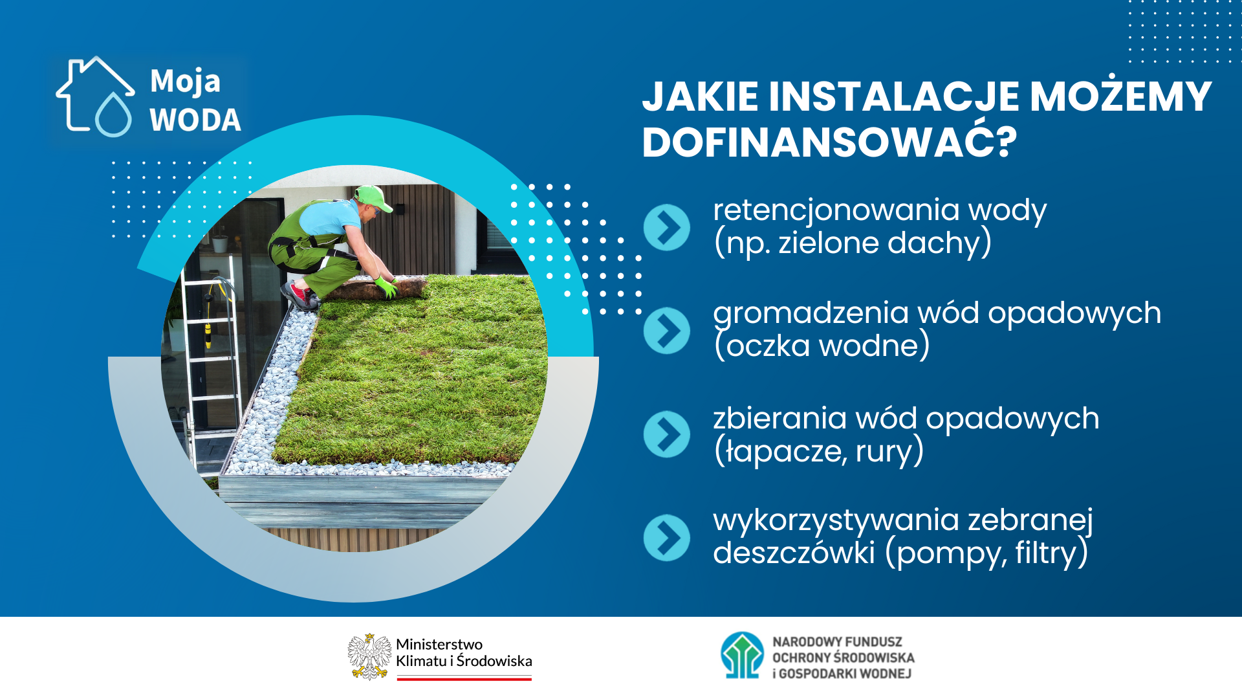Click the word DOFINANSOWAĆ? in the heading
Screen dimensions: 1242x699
830,142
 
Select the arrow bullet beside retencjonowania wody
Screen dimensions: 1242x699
667,227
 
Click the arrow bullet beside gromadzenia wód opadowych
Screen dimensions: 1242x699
667,331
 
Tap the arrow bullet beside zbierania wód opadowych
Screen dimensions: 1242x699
667,434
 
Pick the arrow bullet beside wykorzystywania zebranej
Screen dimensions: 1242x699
667,538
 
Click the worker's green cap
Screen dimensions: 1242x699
373,197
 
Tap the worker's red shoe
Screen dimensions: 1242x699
299,295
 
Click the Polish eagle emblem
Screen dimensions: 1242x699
369,656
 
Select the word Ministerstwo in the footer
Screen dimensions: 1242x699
439,644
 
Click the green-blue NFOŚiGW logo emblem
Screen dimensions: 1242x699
743,655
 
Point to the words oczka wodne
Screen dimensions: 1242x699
822,346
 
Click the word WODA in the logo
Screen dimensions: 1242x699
195,120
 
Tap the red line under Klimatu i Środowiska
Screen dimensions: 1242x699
464,678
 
